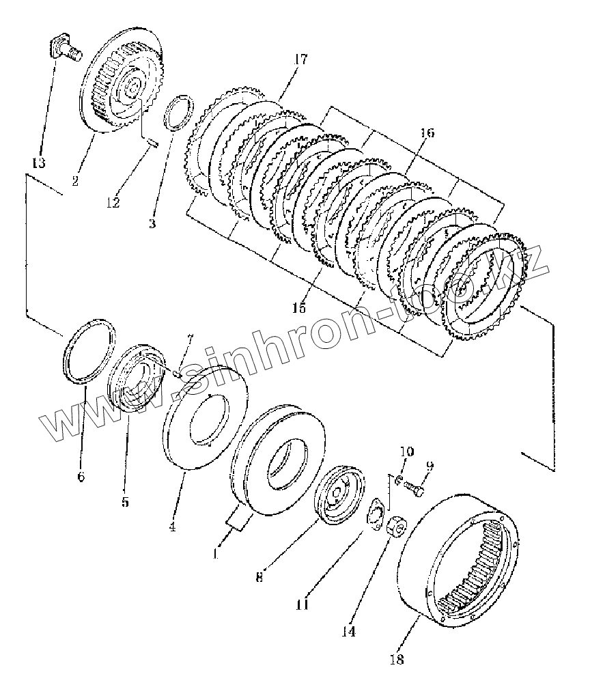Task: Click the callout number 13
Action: click(39, 163)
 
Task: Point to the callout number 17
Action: click(301, 59)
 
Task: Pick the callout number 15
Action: click(299, 308)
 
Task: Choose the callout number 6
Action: click(81, 477)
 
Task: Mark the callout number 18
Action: click(396, 659)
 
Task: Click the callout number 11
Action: click(302, 604)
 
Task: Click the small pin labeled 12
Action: click(153, 143)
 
